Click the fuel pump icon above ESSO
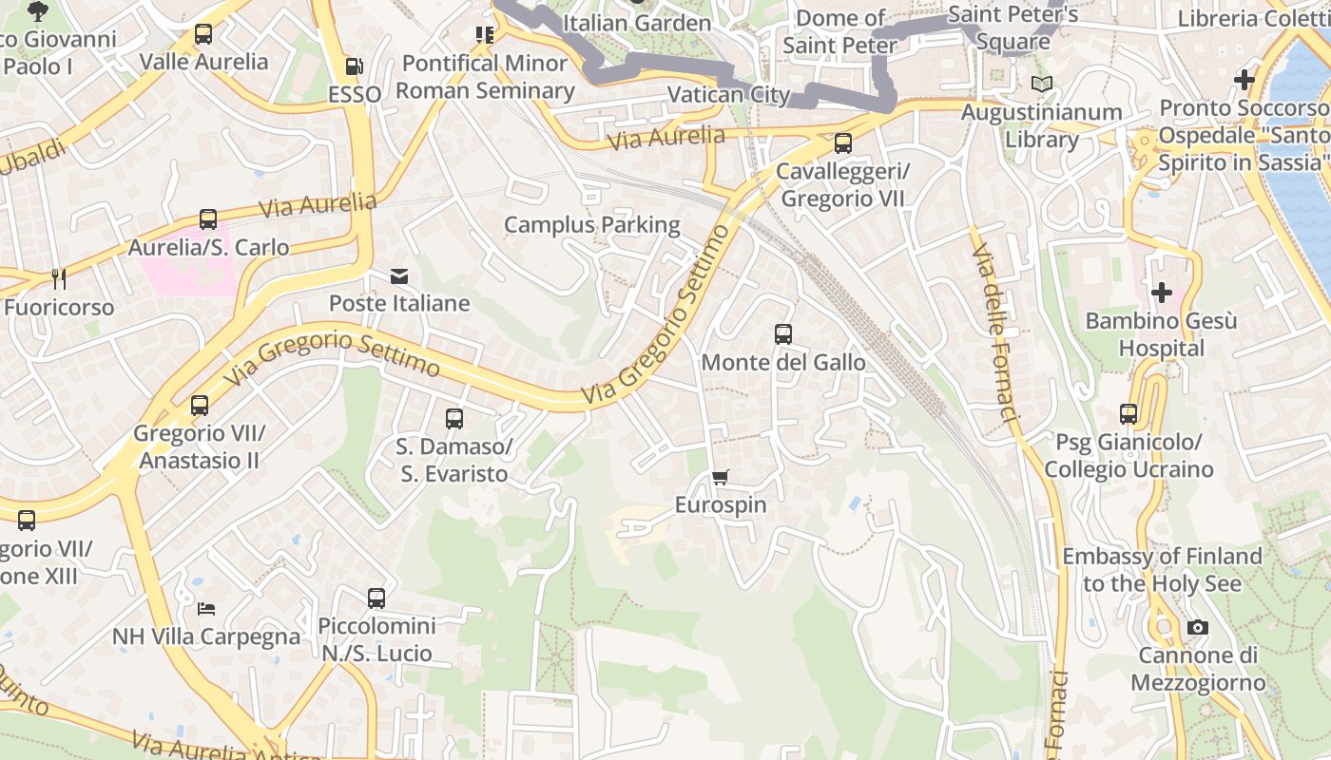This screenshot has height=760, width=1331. coord(354,66)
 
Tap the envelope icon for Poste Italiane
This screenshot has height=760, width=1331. coord(399,276)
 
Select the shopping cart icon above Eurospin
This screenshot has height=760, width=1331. coord(721,477)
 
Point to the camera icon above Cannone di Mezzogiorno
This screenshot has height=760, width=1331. coord(1198,627)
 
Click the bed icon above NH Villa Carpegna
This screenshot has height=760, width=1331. coord(206,608)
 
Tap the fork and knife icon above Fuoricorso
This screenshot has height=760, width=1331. coord(59,278)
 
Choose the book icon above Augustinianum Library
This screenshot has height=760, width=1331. coord(1042,85)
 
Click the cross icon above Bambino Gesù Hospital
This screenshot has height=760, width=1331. coord(1161,293)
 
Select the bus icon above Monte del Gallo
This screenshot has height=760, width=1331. coord(783,334)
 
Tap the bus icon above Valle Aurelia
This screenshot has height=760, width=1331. coord(203,34)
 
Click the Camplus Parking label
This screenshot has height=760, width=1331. coord(591,225)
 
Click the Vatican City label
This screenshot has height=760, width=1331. coord(728,94)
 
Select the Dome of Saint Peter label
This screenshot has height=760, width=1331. coord(839,31)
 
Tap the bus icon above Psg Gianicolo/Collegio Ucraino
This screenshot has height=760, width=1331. coord(1128,414)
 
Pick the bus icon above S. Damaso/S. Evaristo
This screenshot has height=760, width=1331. coord(454,418)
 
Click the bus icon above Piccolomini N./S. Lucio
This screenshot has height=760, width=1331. coord(376,598)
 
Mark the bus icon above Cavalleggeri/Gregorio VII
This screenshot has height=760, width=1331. coord(842,143)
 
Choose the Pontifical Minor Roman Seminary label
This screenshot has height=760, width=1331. coord(485,77)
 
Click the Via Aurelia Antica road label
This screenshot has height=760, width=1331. coord(226,749)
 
